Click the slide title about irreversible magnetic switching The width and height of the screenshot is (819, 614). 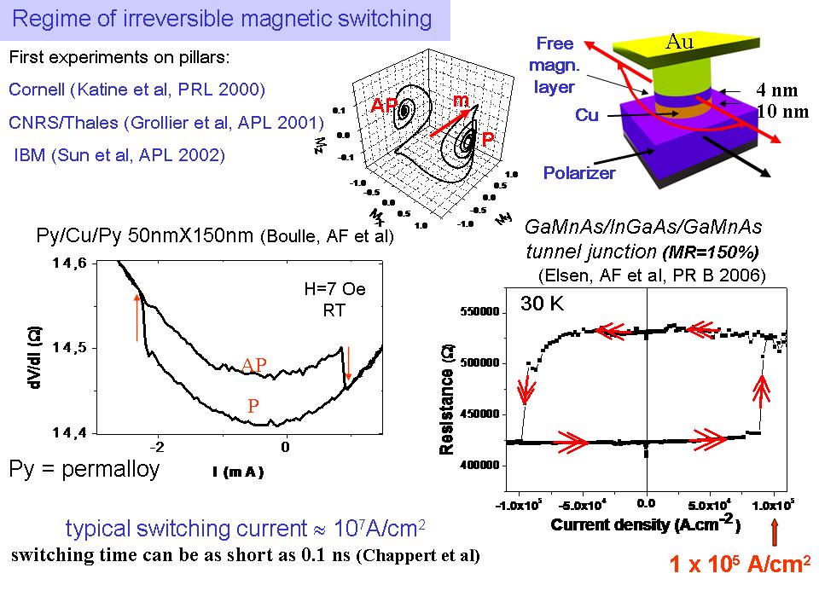[x=225, y=20]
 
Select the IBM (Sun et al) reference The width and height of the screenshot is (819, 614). [x=119, y=154]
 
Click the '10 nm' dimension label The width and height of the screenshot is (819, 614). [x=778, y=110]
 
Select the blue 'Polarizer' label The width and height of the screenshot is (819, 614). [x=579, y=173]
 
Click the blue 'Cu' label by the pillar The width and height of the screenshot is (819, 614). [x=587, y=115]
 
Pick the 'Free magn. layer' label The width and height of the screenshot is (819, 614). [x=555, y=66]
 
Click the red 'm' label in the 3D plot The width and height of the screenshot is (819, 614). [x=462, y=101]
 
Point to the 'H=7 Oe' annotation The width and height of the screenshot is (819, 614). [x=334, y=289]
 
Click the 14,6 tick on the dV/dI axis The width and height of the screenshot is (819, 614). [x=68, y=264]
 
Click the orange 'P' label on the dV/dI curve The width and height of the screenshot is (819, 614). [x=253, y=407]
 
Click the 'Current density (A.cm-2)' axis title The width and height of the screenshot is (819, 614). [x=645, y=524]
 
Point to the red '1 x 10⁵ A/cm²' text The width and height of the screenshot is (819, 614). [x=738, y=564]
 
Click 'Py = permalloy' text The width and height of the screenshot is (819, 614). [x=84, y=469]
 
